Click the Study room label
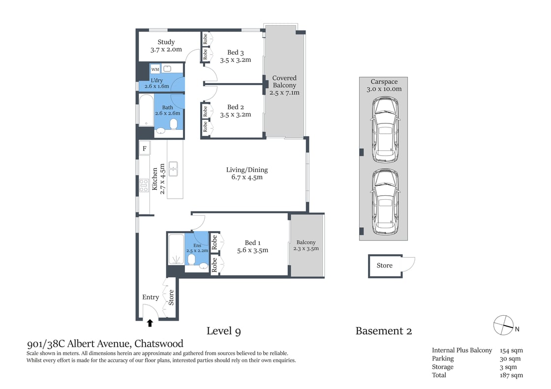(x=166, y=42)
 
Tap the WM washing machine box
(x=155, y=69)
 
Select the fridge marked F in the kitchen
(x=145, y=148)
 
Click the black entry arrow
(x=150, y=323)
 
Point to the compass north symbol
(x=503, y=325)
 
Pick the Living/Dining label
(x=247, y=170)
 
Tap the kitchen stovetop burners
(x=144, y=185)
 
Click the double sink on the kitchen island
(x=173, y=169)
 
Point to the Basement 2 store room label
(x=384, y=266)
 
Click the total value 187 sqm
(x=511, y=375)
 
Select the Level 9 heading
(x=223, y=331)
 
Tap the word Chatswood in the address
(x=159, y=344)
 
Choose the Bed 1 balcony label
(x=306, y=242)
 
